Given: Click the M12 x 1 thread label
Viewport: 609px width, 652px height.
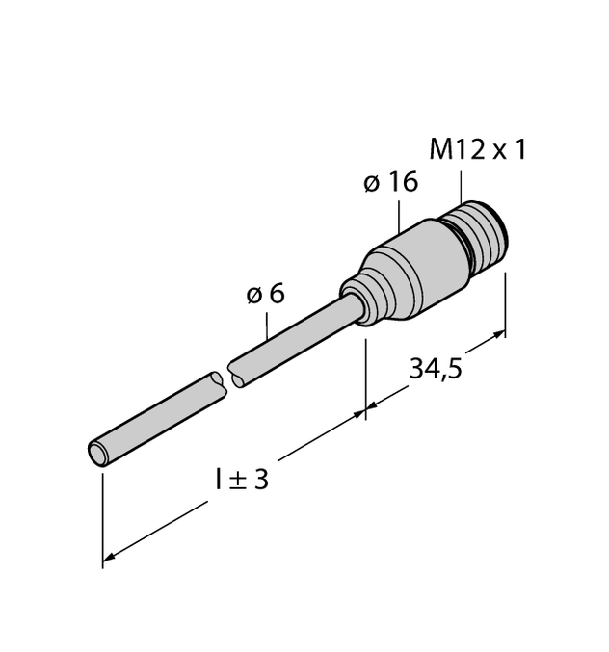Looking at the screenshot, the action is pyautogui.click(x=478, y=150).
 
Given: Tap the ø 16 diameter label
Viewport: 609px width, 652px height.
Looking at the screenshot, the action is pyautogui.click(x=390, y=182).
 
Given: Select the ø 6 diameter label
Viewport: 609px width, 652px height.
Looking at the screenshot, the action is pyautogui.click(x=265, y=294).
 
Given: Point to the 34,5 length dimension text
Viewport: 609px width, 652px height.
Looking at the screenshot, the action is pyautogui.click(x=436, y=369).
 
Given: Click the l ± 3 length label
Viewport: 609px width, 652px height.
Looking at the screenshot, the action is pyautogui.click(x=242, y=479).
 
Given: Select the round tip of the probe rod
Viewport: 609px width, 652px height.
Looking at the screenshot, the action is pyautogui.click(x=99, y=454).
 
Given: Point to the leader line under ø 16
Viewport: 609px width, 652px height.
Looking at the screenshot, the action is pyautogui.click(x=399, y=217).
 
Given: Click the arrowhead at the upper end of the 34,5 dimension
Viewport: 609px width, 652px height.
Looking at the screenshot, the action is pyautogui.click(x=499, y=334).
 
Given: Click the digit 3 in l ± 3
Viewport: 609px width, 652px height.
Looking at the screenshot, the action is pyautogui.click(x=261, y=479).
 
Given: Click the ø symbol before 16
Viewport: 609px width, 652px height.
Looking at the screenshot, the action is pyautogui.click(x=372, y=183).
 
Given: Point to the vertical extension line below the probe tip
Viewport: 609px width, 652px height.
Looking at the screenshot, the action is pyautogui.click(x=102, y=521).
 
